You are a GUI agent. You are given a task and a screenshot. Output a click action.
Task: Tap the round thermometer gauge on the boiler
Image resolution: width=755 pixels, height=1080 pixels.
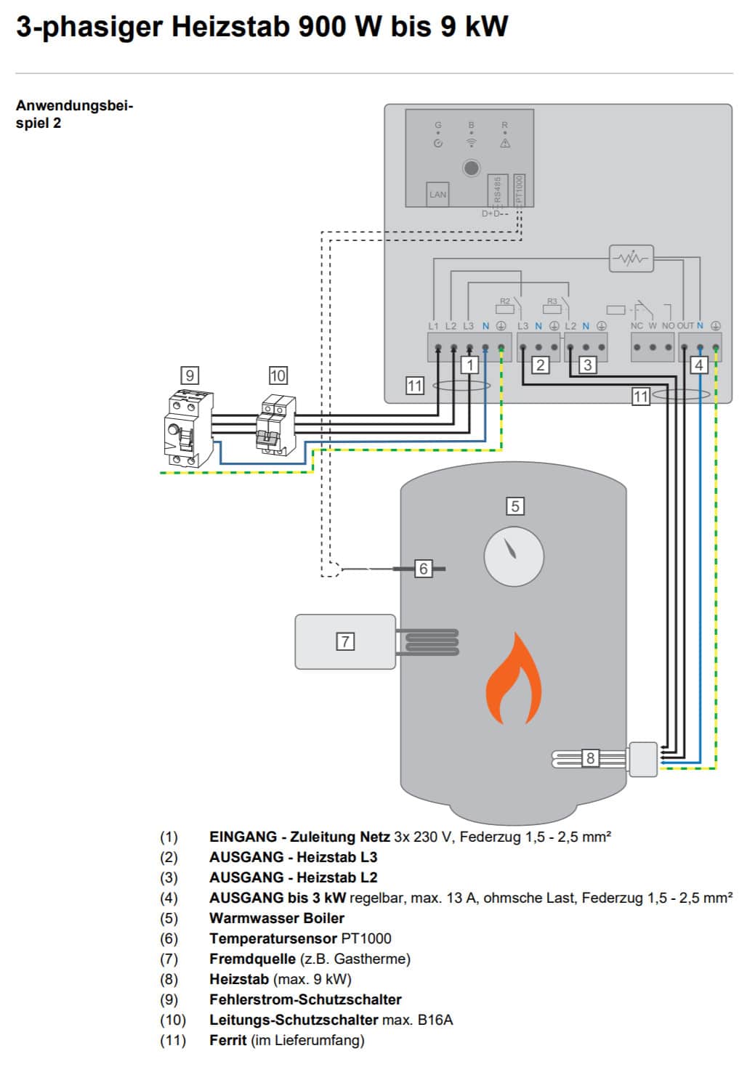tap(514, 556)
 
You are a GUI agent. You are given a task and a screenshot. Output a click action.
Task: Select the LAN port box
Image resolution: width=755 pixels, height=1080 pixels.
tap(437, 194)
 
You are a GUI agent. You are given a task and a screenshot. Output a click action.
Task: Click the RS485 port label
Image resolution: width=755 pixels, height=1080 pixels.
tap(497, 190)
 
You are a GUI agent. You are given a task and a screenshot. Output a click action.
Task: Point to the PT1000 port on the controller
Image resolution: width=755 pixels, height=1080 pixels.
tap(519, 190)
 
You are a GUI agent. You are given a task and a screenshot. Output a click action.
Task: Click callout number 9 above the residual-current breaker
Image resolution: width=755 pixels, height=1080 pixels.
tap(190, 375)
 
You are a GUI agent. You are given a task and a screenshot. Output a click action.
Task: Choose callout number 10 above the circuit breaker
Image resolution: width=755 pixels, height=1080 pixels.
tap(278, 375)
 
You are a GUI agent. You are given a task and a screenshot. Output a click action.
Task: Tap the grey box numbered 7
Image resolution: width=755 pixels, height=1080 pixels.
tap(345, 641)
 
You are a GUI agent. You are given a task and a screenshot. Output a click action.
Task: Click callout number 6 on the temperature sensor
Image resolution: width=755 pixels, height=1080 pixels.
tap(423, 569)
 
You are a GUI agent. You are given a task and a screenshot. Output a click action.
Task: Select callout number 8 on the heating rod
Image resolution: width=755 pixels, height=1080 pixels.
tap(590, 758)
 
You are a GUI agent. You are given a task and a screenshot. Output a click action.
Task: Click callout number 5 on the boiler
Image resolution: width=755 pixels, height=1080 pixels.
tap(514, 506)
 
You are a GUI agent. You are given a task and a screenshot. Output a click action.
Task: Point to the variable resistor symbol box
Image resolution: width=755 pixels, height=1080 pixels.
tap(631, 259)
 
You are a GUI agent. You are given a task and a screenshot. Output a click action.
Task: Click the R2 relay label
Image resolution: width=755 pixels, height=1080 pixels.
tap(505, 301)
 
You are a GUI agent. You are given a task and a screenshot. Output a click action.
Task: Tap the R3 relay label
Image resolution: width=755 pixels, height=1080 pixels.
tap(552, 301)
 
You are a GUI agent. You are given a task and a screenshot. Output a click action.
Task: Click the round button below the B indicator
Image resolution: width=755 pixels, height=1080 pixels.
tap(471, 169)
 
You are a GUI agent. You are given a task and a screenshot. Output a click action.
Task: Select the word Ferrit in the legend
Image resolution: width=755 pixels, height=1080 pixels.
tap(227, 1040)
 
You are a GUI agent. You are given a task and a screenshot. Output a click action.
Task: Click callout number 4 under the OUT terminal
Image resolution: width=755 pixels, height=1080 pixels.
tap(699, 365)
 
